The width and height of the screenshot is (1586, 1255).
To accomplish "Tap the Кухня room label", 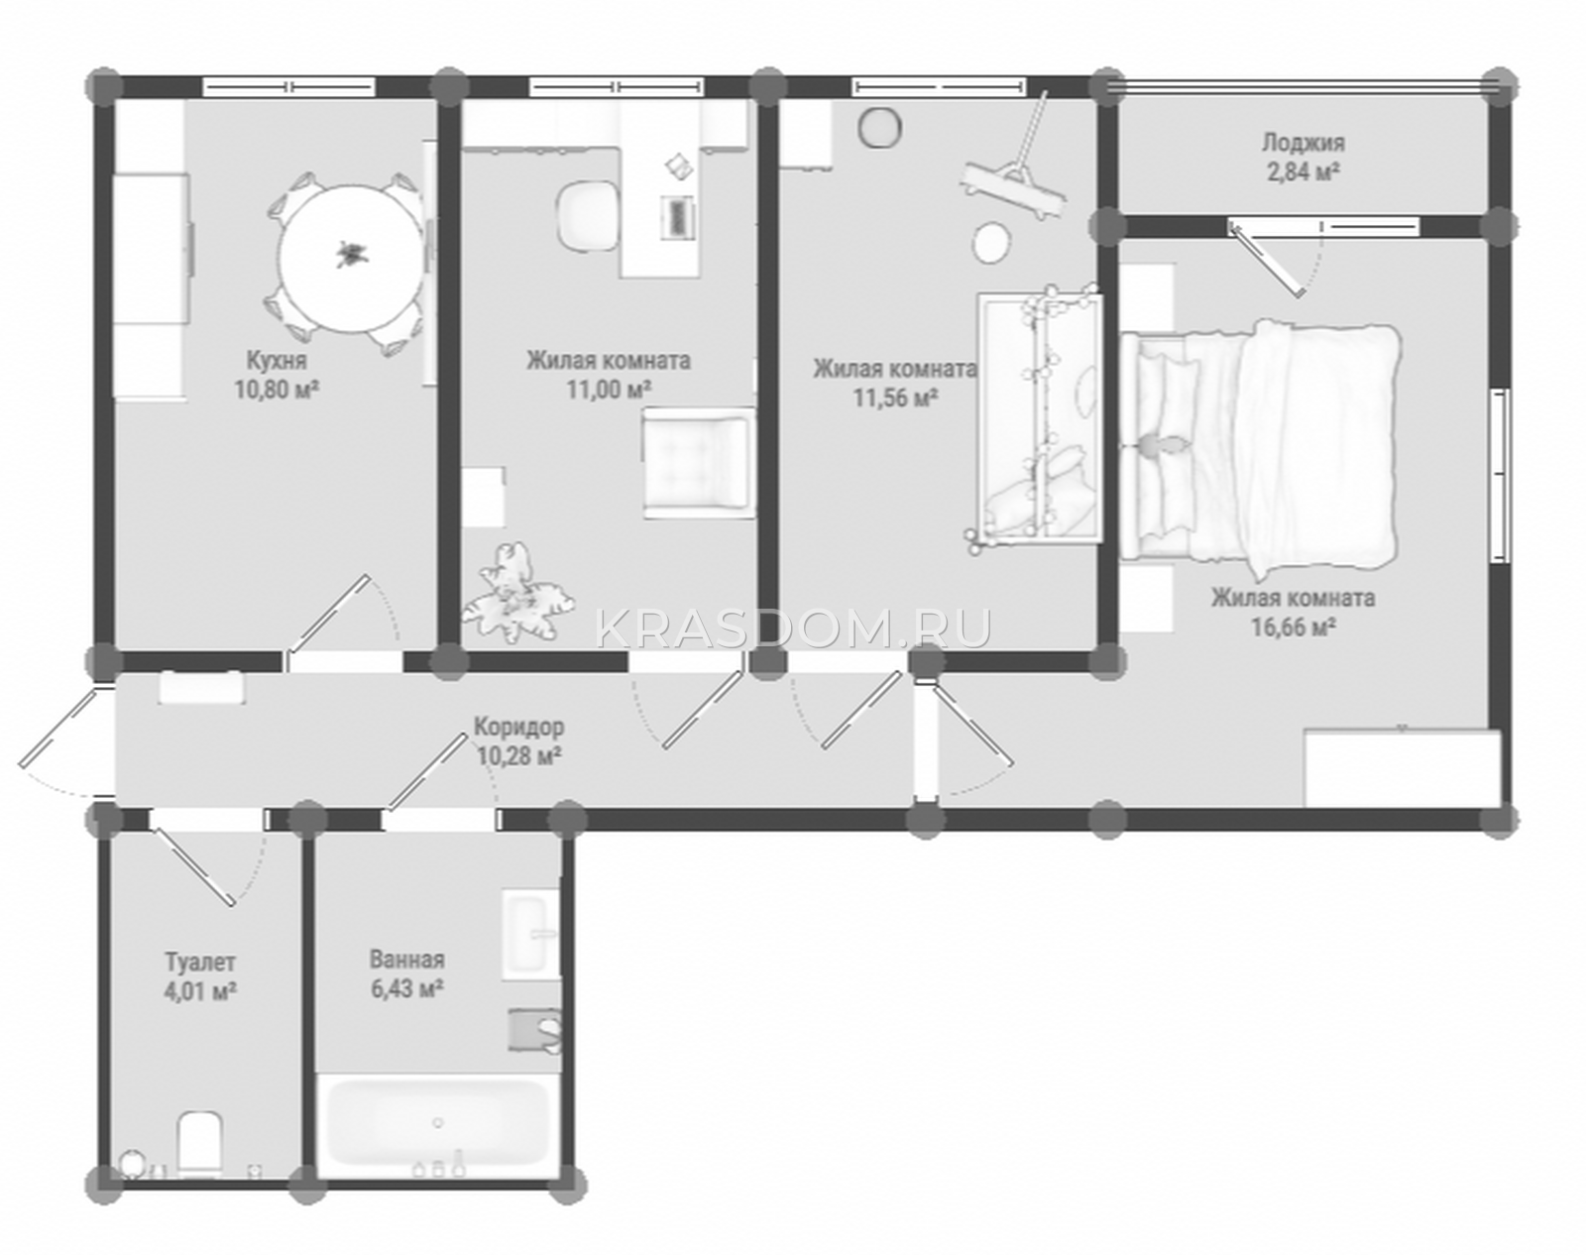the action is tap(277, 361).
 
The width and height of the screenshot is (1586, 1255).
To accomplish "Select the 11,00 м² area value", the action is tap(609, 389).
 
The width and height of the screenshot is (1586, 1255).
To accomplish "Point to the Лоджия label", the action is tap(1303, 142).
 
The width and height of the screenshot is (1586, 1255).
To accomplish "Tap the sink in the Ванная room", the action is tap(530, 936).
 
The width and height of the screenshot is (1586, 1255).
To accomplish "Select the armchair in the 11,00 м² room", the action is tap(699, 463).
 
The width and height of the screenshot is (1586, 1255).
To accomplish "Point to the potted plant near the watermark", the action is tap(516, 592).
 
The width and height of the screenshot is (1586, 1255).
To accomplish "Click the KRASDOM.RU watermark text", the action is tap(793, 628).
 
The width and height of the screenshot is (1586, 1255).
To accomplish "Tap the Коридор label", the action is tap(518, 727).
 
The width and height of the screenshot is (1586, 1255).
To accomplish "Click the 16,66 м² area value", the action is tap(1294, 627).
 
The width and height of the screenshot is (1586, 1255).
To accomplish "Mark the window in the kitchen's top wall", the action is tap(288, 87).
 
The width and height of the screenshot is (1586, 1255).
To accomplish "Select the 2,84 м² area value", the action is tap(1303, 171).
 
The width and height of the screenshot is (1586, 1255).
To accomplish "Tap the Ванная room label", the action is tap(406, 960).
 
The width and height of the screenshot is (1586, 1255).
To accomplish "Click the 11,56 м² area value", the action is tap(895, 398).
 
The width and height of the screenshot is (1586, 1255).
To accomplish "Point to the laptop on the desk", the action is tap(678, 217).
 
